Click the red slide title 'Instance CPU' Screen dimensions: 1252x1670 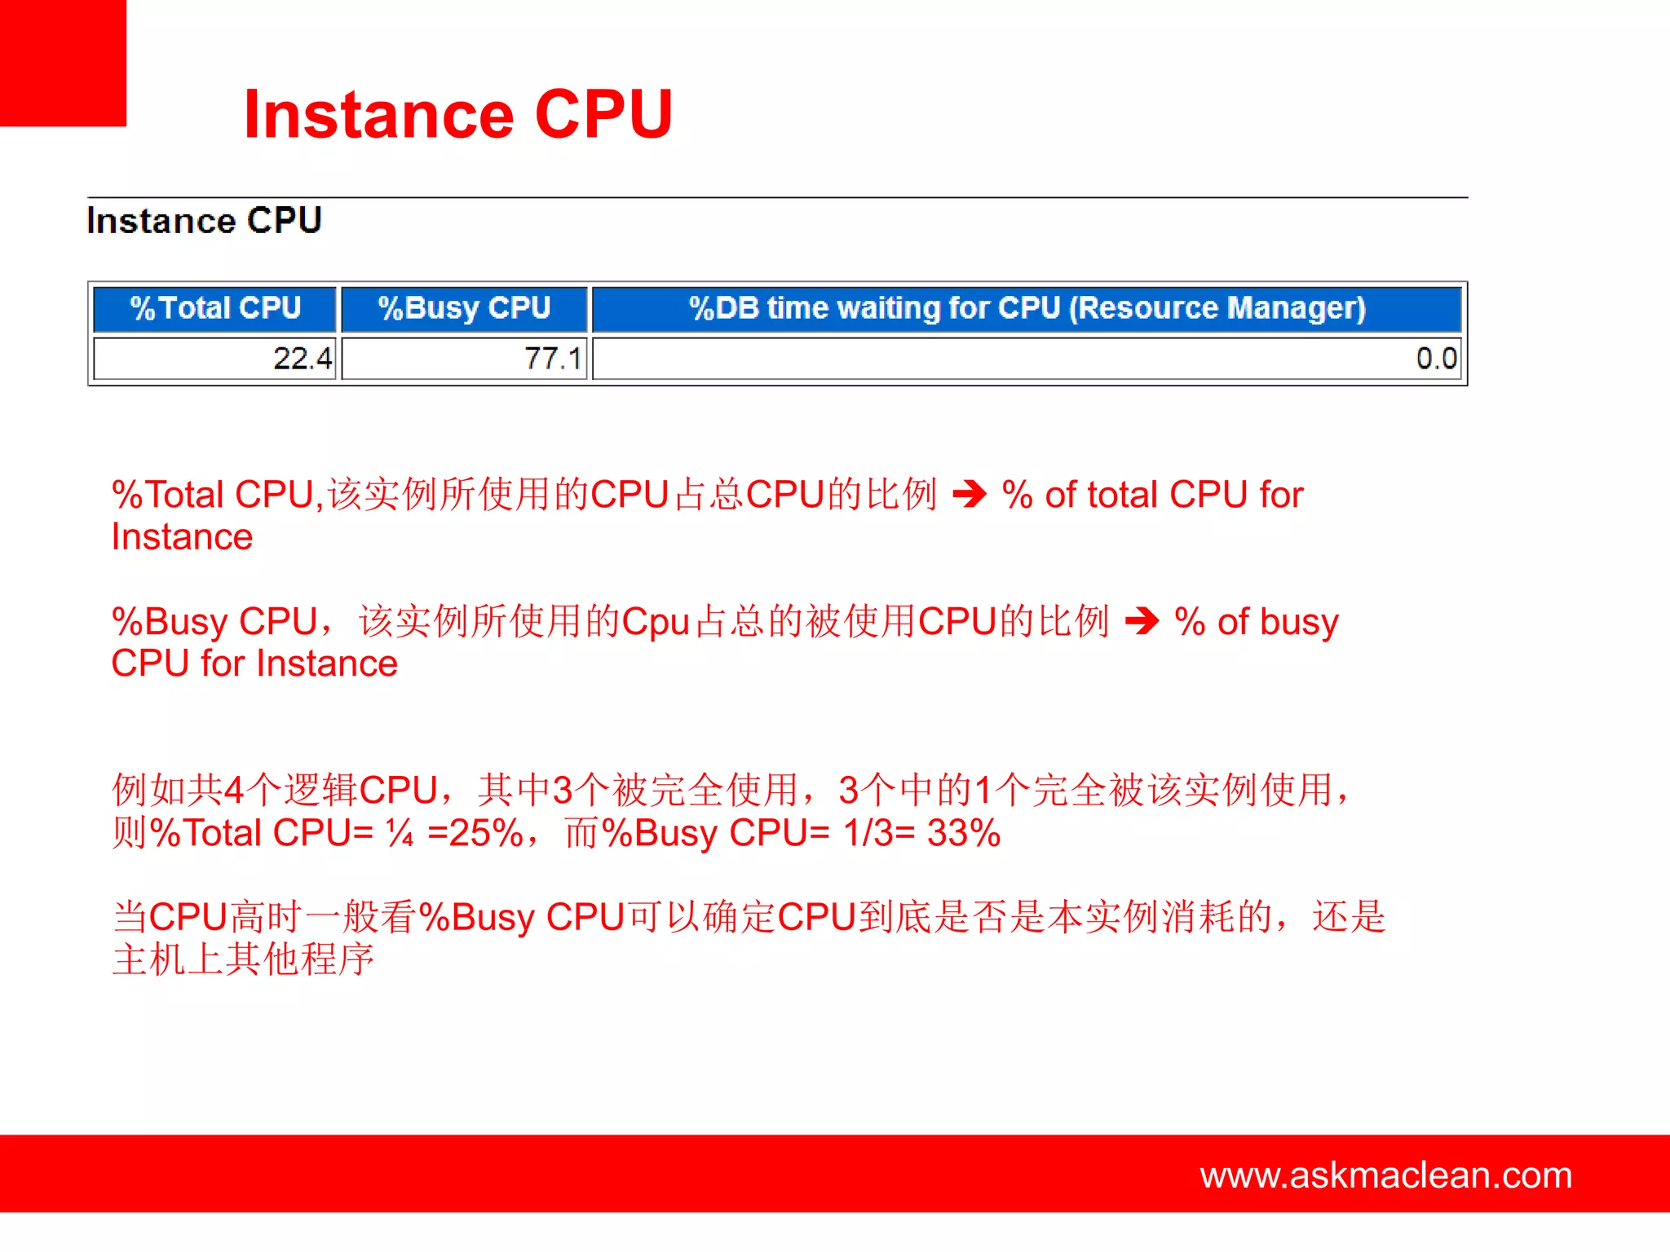pos(457,114)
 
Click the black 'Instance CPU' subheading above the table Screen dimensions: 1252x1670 pos(204,221)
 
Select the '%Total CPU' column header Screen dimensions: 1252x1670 pos(215,308)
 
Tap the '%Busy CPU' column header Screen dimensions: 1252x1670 pos(464,308)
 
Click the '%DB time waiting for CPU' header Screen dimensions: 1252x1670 pos(877,308)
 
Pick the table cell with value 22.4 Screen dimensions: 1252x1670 pos(302,359)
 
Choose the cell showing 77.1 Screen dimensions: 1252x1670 pos(552,359)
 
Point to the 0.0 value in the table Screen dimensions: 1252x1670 pos(1435,359)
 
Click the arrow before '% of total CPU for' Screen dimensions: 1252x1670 pos(970,494)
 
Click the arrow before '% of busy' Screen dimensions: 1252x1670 pos(1142,621)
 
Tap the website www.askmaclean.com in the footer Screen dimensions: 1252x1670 pos(1385,1175)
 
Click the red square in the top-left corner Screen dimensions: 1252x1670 pos(63,63)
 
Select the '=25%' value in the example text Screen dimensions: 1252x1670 pos(475,833)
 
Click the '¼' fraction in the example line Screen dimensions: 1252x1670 pos(400,833)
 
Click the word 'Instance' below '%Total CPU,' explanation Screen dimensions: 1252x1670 pos(182,537)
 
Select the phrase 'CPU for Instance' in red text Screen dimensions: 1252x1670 pos(254,663)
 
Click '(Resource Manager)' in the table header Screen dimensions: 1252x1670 pos(1217,308)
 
